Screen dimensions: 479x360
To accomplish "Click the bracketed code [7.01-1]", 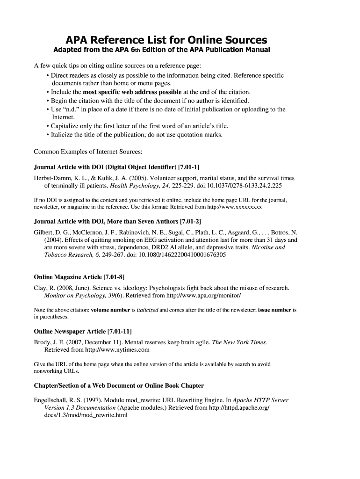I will click(x=189, y=167).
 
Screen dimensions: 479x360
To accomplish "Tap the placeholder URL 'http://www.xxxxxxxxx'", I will click(x=233, y=206).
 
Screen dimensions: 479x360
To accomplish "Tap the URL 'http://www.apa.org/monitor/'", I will click(x=202, y=296).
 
